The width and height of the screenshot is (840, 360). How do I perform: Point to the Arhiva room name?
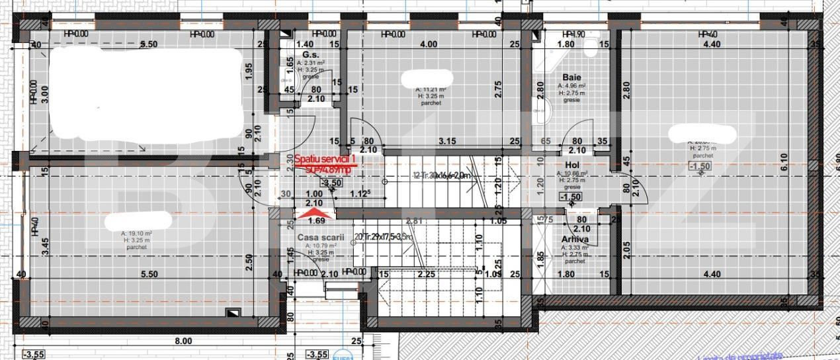tap(575, 240)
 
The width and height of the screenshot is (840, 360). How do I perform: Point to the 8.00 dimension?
tap(183, 341)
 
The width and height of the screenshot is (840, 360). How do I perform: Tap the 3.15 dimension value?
tap(448, 140)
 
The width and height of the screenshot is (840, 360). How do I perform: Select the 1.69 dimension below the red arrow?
tap(317, 221)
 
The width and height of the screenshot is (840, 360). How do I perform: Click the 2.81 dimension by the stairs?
tap(415, 221)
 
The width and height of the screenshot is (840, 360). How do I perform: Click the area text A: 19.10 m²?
tap(137, 234)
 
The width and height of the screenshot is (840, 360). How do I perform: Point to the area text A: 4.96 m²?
tap(571, 85)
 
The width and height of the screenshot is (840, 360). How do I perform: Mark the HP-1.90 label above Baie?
tap(573, 34)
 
